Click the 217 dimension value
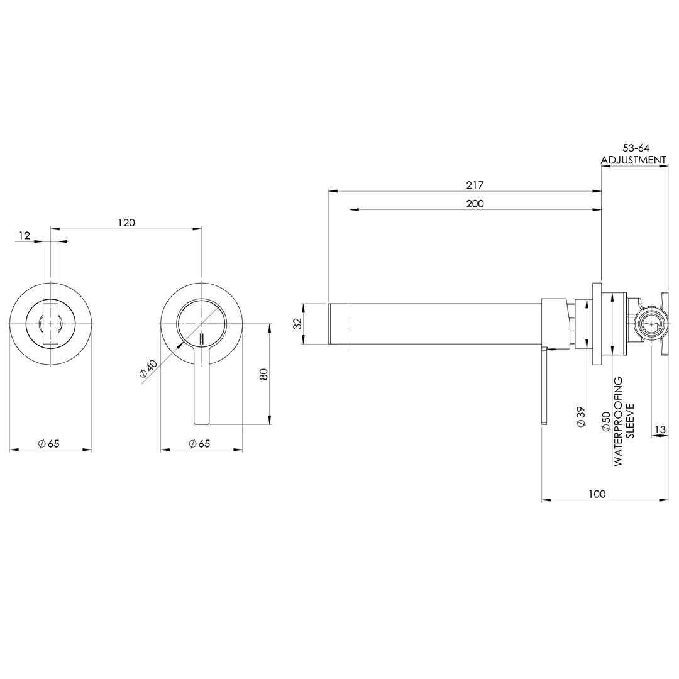pos(474,185)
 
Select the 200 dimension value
pos(475,204)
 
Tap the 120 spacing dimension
pos(126,223)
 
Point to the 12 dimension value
pos(25,235)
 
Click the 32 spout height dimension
pos(298,324)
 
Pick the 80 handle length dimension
pos(264,373)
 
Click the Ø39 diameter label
pos(582,417)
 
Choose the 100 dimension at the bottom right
pos(597,494)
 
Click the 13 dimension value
pos(660,429)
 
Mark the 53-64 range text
pos(632,148)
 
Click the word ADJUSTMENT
pos(633,160)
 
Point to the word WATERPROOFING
pos(618,421)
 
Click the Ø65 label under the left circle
pos(48,444)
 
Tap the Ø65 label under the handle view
pos(199,444)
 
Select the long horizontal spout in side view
pos(434,324)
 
